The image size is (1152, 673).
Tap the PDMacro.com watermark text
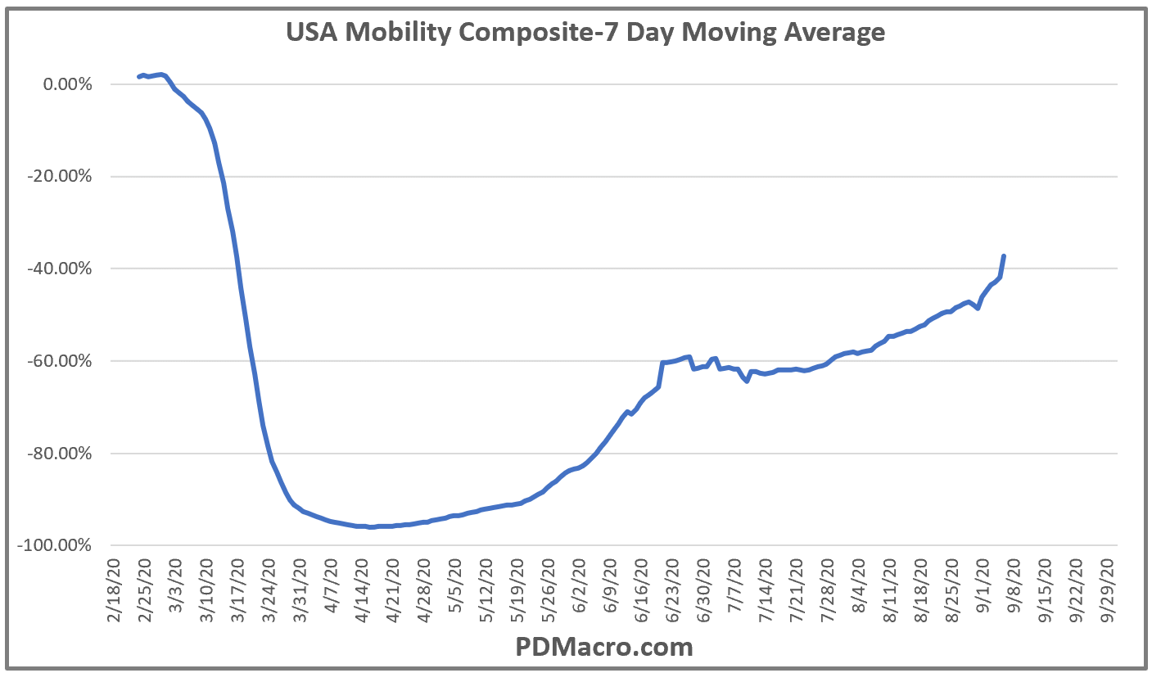604,648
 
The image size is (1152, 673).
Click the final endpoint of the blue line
1003,256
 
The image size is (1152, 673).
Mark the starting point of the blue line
138,77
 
